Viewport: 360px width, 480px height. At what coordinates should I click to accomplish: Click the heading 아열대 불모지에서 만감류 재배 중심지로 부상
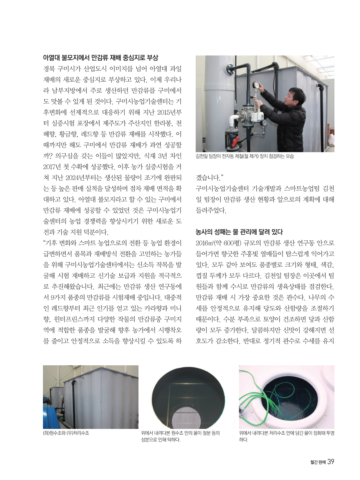100,57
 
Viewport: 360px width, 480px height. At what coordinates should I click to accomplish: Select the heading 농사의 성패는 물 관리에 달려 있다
239,232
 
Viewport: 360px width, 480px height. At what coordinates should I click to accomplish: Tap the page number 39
331,462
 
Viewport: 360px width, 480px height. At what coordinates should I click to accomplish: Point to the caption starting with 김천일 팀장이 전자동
245,156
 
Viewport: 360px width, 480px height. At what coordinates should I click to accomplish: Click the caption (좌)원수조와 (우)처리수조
66,433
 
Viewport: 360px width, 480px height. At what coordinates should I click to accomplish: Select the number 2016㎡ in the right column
204,243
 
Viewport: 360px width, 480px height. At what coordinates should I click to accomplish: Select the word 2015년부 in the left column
170,112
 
